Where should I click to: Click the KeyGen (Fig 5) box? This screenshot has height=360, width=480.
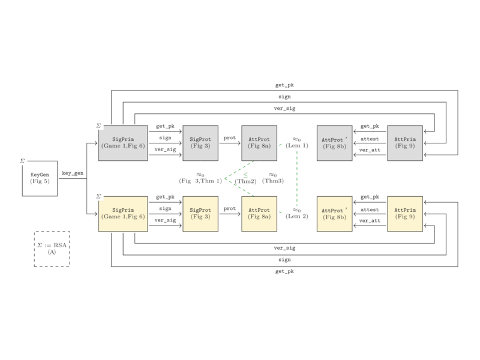[40, 178]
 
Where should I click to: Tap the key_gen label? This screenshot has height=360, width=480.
[73, 173]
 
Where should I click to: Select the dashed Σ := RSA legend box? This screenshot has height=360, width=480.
[52, 248]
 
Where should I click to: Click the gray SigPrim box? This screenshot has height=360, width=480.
[124, 143]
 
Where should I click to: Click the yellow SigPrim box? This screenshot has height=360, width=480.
[124, 214]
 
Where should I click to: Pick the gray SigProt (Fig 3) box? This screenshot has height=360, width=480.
[200, 143]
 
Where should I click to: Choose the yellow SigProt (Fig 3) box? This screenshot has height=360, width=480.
[200, 214]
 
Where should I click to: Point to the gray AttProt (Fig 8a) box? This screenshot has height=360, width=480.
[259, 143]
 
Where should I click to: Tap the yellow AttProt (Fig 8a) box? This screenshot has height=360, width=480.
[259, 214]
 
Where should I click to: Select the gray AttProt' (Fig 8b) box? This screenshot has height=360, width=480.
[334, 143]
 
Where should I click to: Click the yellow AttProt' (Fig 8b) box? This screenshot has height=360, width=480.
[334, 214]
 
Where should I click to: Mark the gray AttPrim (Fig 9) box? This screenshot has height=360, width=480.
[405, 143]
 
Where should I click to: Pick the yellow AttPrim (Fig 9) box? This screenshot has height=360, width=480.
[405, 214]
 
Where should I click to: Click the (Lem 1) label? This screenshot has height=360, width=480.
[297, 146]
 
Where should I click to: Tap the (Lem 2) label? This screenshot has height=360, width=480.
[297, 217]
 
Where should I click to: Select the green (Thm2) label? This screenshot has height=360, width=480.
[245, 181]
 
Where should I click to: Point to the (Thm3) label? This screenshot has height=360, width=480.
[273, 181]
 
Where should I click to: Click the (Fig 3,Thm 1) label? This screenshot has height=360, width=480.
[200, 181]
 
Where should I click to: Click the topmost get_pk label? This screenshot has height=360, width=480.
[284, 85]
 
